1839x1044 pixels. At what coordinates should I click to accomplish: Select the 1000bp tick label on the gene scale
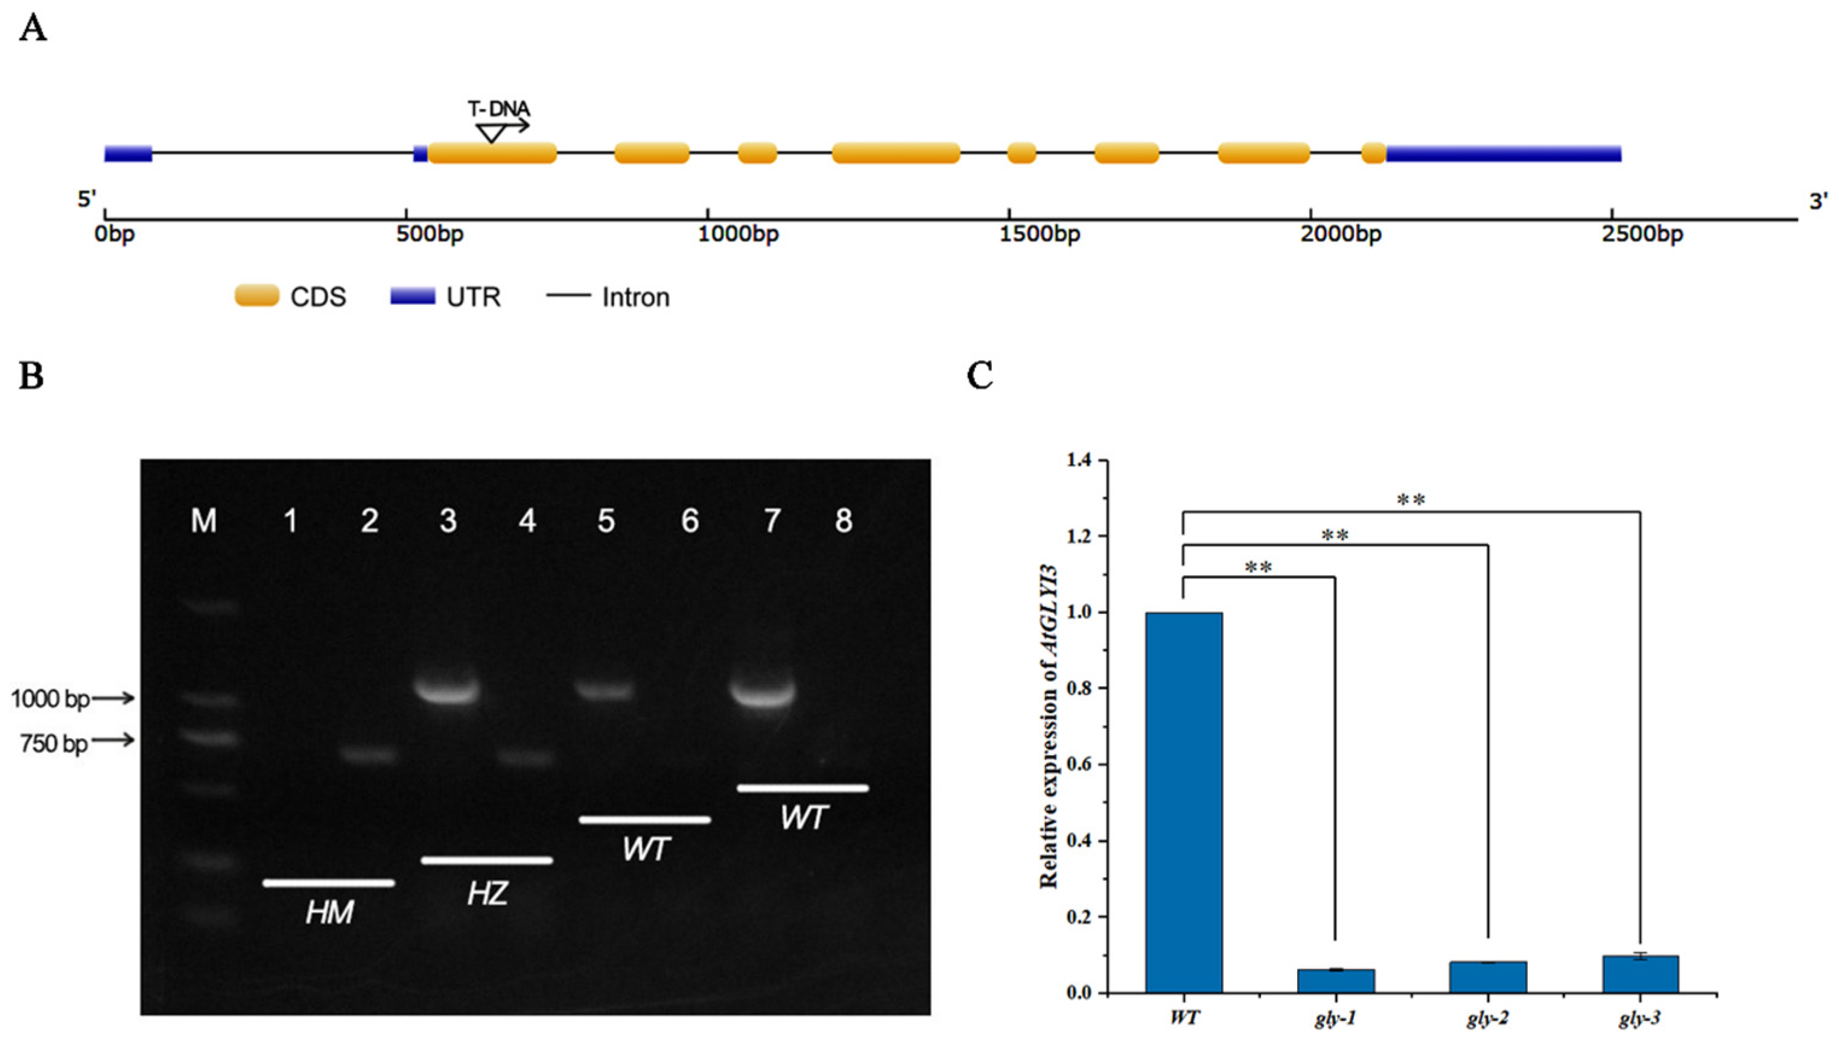738,235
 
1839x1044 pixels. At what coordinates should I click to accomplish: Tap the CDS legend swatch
257,296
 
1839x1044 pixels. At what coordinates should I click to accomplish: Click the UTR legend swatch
413,296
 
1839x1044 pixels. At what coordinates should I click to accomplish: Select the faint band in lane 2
367,755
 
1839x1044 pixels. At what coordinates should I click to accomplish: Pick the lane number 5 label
606,521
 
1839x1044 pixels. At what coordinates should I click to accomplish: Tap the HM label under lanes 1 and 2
329,913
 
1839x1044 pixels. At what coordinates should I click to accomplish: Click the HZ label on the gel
488,893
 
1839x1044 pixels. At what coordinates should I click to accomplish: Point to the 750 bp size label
54,744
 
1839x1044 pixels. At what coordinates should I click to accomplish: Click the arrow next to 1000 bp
113,697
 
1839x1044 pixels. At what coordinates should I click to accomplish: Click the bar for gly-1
1335,980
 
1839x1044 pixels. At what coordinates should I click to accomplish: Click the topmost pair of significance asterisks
1411,501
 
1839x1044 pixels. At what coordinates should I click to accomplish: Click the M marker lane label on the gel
204,521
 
